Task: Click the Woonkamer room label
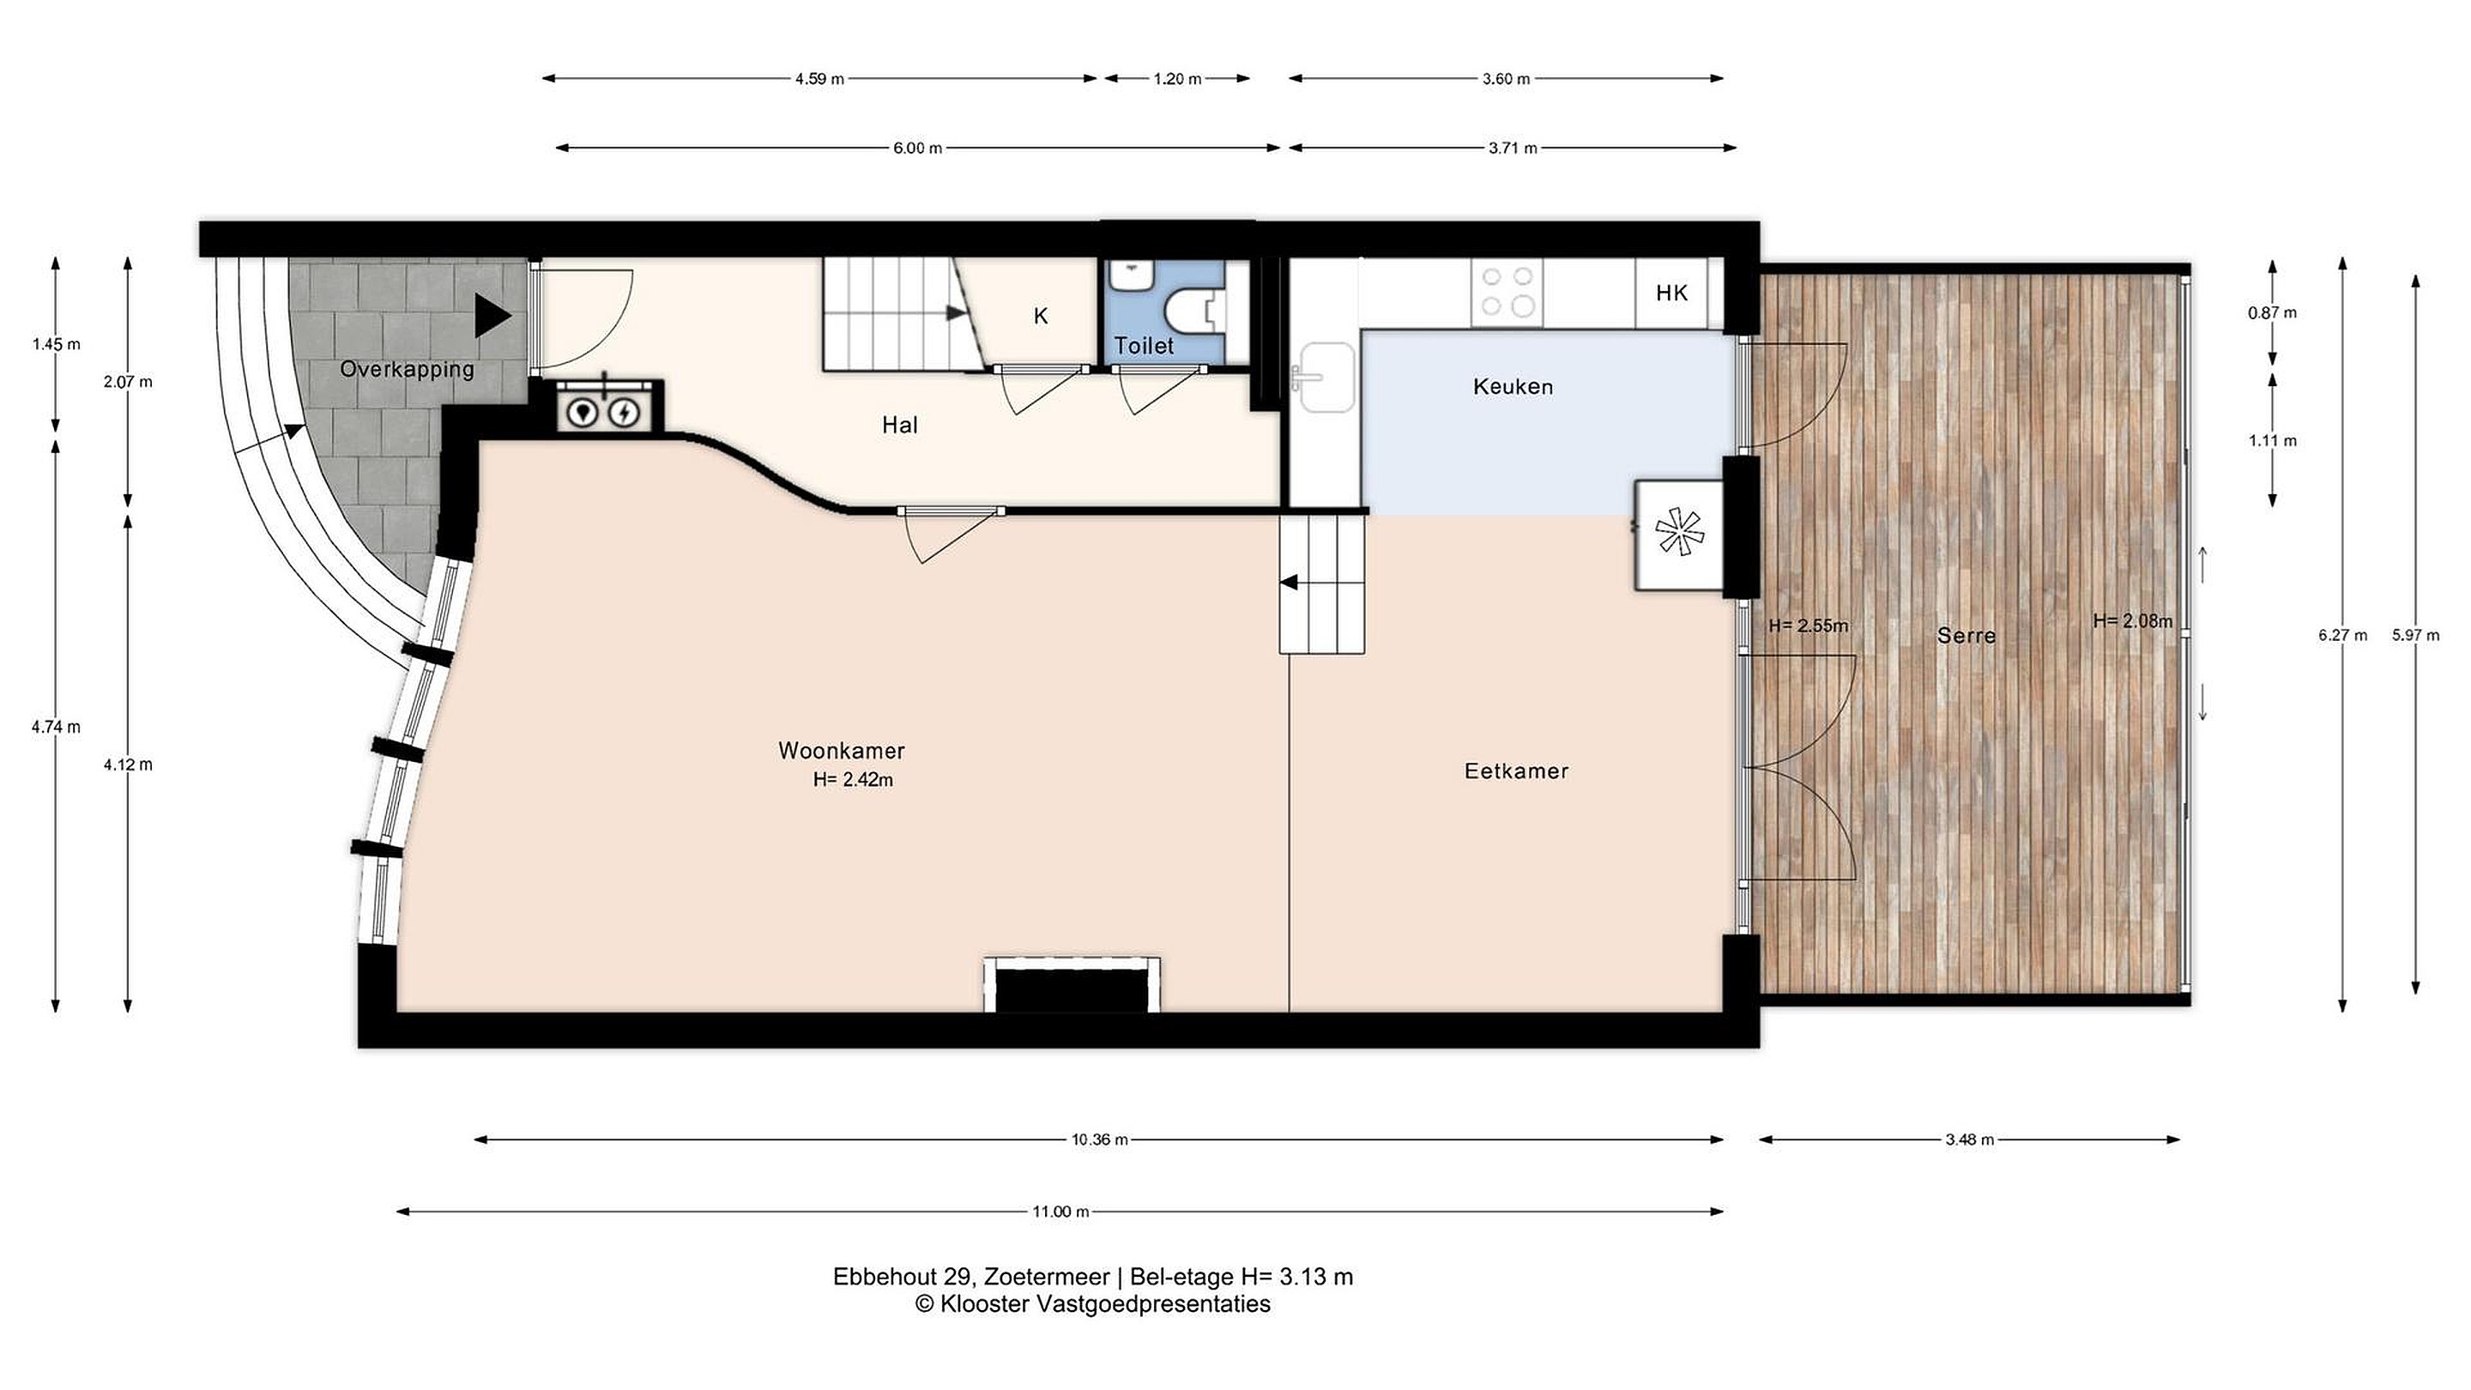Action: tap(841, 750)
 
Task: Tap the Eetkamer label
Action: tap(1517, 771)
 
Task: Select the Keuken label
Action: tap(1513, 387)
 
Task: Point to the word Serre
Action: tap(1967, 635)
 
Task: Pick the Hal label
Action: tap(900, 425)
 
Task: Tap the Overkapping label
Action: tap(407, 369)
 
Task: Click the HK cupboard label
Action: tap(1671, 293)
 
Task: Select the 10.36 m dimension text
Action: tap(1099, 1139)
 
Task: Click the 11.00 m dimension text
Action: tap(1060, 1212)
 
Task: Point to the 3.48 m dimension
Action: tap(1969, 1139)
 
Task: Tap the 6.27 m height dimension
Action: tap(2342, 635)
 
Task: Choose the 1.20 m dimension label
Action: tap(1177, 79)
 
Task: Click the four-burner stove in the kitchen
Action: tap(1507, 292)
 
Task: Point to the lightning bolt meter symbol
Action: tap(625, 414)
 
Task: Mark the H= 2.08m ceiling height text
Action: tap(2132, 621)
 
